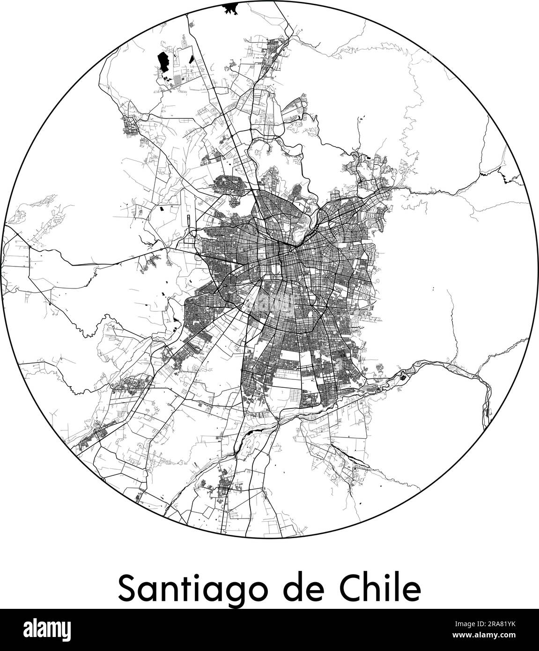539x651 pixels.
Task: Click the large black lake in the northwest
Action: click(x=163, y=63)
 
